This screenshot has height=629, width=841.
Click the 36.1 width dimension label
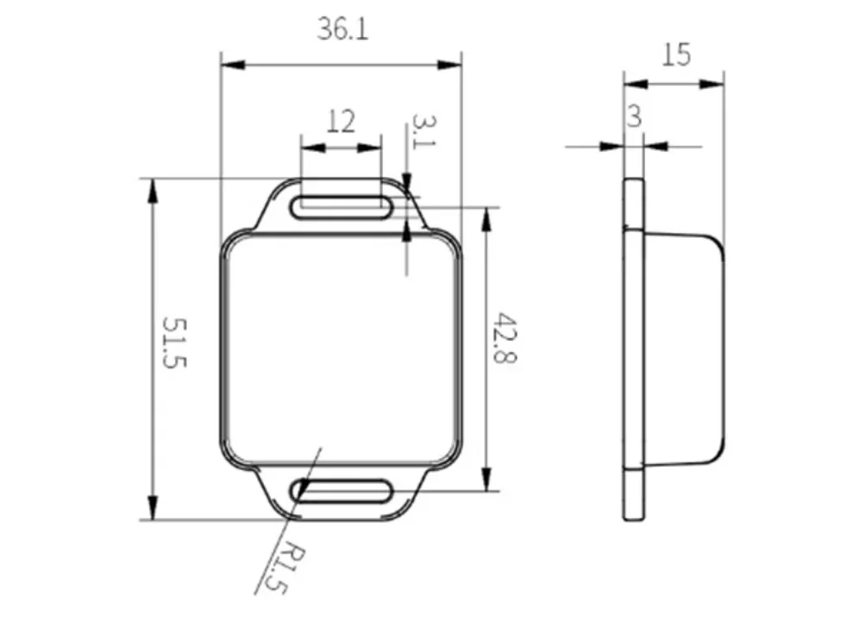pos(342,28)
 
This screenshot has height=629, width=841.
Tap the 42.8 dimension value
pos(505,338)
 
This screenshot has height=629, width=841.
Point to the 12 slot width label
pos(341,122)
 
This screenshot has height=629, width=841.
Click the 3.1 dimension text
pos(424,132)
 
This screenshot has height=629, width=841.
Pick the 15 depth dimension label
pos(676,54)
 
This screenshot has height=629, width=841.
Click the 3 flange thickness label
pos(635,116)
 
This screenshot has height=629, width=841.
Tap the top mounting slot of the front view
pos(341,208)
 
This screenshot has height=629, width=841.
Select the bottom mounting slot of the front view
pos(341,491)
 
